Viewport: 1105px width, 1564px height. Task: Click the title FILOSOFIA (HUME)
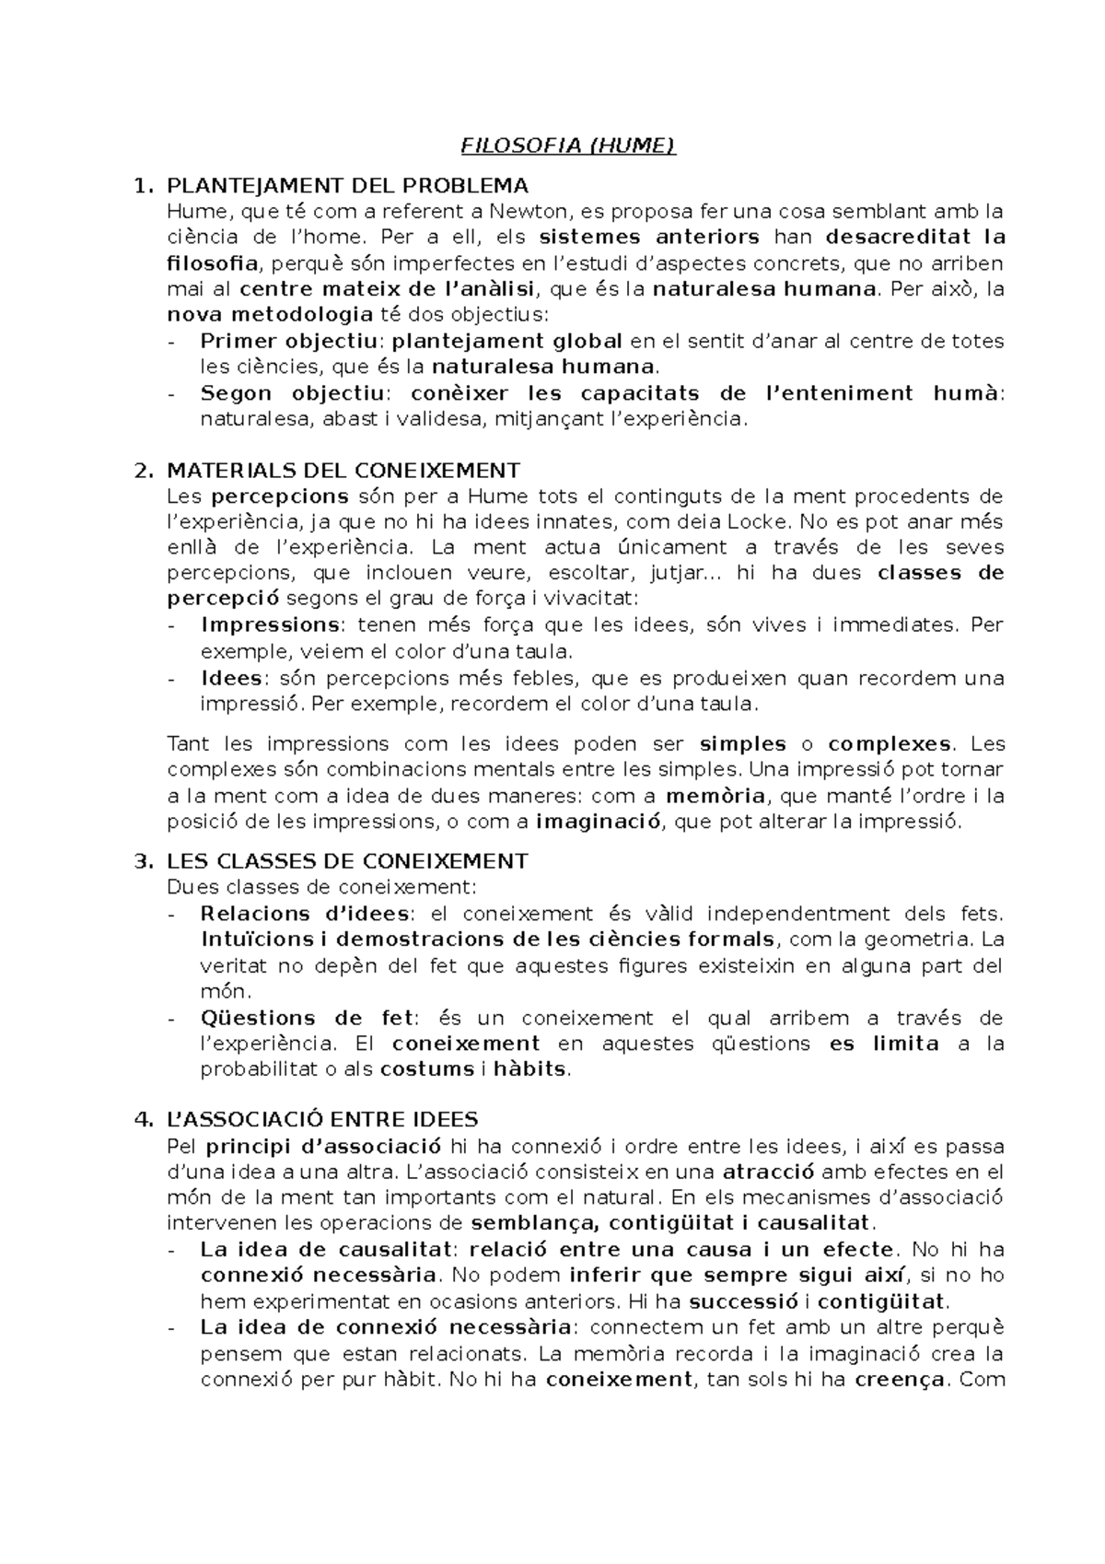pos(568,146)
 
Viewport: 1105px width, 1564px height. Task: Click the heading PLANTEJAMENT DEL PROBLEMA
pos(347,186)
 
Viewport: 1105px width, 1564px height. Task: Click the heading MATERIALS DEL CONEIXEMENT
pos(343,471)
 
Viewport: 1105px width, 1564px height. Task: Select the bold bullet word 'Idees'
pos(231,679)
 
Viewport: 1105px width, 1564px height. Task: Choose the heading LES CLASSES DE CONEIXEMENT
pos(347,861)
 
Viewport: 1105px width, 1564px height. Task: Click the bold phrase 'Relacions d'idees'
pos(305,914)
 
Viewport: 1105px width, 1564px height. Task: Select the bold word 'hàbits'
pos(531,1069)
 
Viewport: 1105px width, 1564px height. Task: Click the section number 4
pos(141,1120)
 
